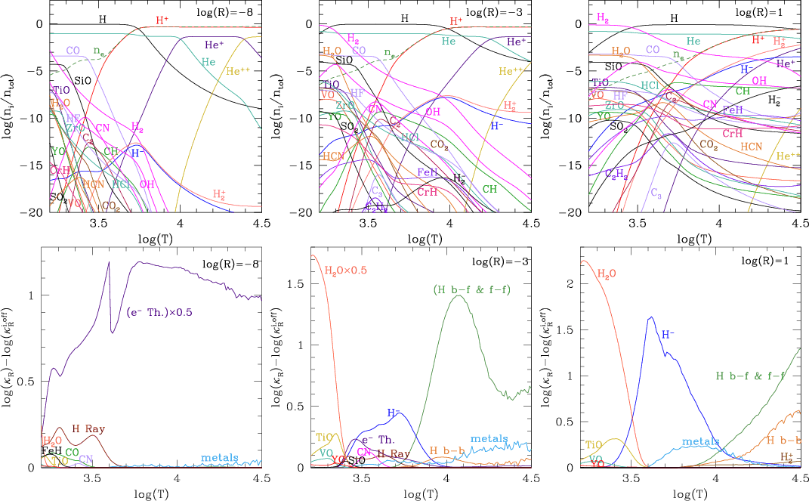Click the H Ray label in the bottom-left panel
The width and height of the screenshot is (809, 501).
coord(88,429)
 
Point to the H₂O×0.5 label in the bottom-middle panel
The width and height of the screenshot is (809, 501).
coord(349,271)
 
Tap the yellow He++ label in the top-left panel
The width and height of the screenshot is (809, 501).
coord(239,71)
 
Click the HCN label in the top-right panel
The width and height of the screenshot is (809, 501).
coord(751,146)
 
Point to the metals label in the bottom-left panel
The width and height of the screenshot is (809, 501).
coord(220,457)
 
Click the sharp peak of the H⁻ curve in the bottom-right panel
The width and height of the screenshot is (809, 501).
coord(651,317)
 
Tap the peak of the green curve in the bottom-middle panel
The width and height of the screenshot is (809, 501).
coord(458,295)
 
